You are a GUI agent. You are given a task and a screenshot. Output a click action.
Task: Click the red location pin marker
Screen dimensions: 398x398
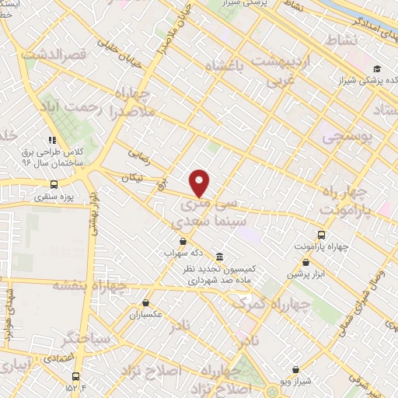(200, 183)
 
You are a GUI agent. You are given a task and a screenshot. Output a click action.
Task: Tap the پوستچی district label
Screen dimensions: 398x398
(348, 135)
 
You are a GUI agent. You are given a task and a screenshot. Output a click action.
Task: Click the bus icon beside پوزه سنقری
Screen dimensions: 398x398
(54, 184)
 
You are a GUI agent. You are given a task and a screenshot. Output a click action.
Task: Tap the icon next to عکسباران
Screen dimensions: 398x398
(145, 303)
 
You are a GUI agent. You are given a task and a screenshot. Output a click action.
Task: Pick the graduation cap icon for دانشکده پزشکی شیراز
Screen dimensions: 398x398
(376, 68)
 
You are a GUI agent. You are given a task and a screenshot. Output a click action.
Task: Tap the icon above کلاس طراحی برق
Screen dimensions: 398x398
(52, 140)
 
